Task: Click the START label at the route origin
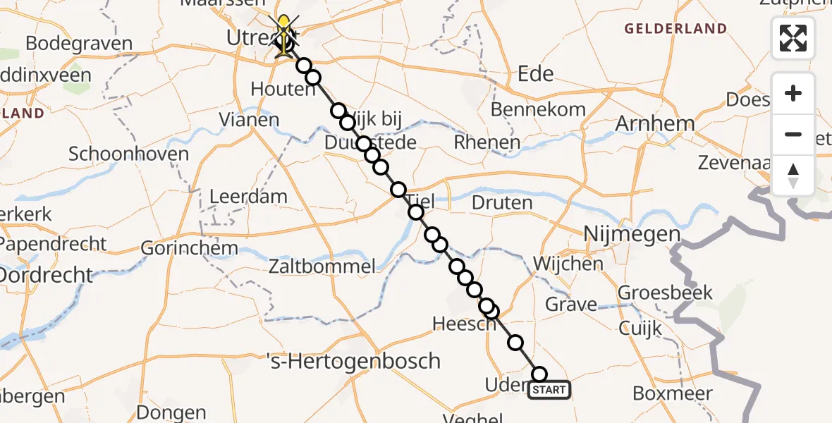549,390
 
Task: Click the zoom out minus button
793,134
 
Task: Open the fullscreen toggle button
793,38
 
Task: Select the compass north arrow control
793,175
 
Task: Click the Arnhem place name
655,123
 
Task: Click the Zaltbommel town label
321,266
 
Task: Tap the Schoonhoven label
128,154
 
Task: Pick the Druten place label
502,203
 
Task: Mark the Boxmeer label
673,393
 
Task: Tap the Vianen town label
248,119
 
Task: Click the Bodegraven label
79,43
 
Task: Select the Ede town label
536,74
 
